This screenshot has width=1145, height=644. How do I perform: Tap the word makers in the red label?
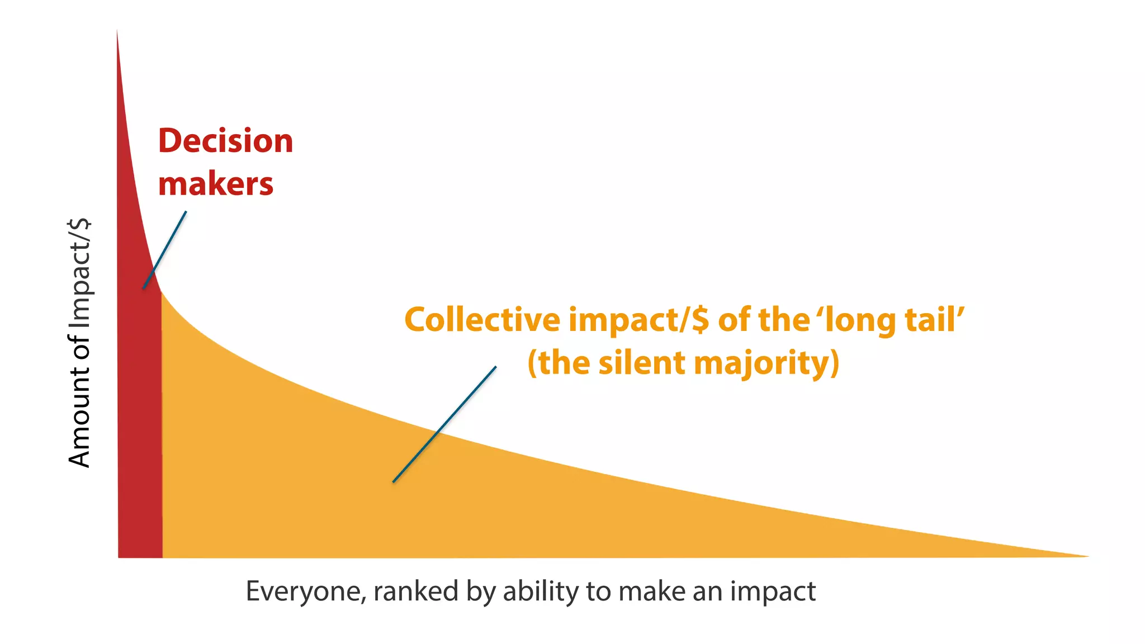pos(216,184)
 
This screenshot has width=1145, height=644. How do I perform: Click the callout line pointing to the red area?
pos(165,249)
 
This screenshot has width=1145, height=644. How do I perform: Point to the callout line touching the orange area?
pos(444,424)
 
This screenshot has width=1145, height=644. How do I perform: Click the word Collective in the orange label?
pos(482,320)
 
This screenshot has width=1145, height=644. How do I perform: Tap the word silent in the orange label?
pos(642,363)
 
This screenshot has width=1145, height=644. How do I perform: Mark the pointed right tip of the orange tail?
pos(1087,556)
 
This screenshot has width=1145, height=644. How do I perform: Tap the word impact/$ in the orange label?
pos(639,320)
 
